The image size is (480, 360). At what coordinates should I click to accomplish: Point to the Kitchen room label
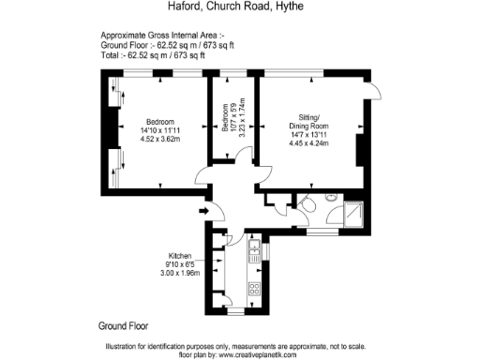tap(181, 256)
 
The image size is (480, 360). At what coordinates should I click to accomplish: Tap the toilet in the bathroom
tap(307, 205)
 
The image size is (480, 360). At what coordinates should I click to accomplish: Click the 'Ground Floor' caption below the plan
tap(124, 326)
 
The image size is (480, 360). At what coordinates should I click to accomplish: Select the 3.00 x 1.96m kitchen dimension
tap(181, 275)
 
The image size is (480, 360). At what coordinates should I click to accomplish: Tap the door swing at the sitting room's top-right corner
tap(373, 88)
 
